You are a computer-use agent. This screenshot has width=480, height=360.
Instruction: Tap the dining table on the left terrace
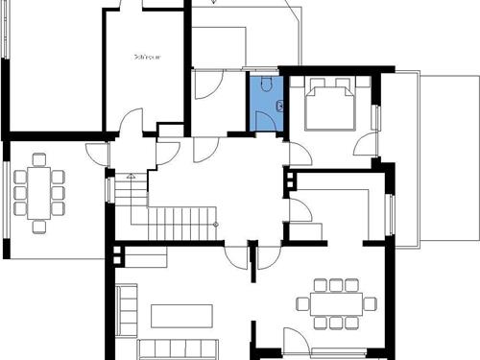click(39, 192)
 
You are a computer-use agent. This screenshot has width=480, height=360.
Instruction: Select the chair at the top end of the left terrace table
click(39, 159)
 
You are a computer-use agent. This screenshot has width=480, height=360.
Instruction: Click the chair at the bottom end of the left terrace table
click(39, 227)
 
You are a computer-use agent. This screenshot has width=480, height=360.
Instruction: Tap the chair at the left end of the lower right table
click(302, 304)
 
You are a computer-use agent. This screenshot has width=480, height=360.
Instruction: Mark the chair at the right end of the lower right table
click(371, 303)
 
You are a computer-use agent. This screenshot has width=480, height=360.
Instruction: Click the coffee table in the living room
click(181, 315)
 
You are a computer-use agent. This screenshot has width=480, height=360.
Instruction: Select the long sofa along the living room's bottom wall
click(179, 348)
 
